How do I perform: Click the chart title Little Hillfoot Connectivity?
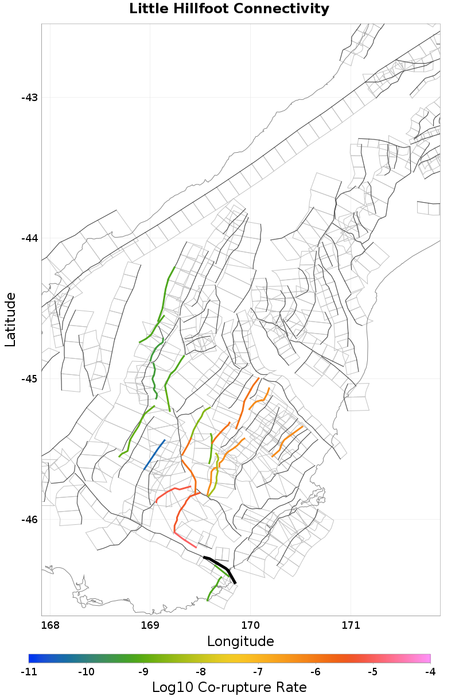pyautogui.click(x=229, y=9)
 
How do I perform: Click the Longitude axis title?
pyautogui.click(x=240, y=641)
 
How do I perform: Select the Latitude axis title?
pyautogui.click(x=10, y=319)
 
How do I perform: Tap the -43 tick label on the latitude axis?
pyautogui.click(x=29, y=97)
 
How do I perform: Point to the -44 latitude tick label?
pyautogui.click(x=29, y=238)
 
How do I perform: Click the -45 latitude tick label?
pyautogui.click(x=29, y=379)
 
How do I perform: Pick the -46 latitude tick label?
pyautogui.click(x=29, y=520)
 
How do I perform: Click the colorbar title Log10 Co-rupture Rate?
pyautogui.click(x=229, y=687)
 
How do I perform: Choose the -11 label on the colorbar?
pyautogui.click(x=29, y=671)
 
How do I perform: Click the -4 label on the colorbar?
pyautogui.click(x=430, y=671)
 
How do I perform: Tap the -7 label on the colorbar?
pyautogui.click(x=258, y=671)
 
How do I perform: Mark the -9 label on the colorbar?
pyautogui.click(x=143, y=671)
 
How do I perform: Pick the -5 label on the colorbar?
pyautogui.click(x=373, y=671)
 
